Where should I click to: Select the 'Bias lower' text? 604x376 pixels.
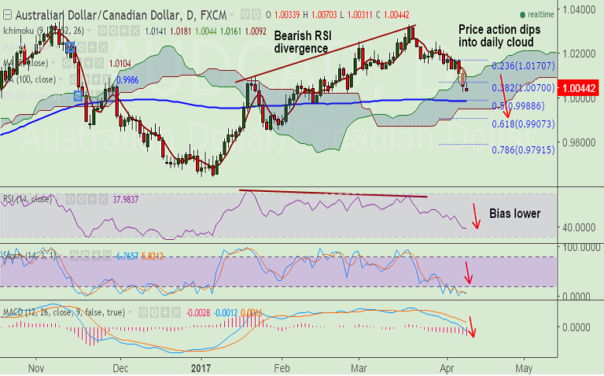515,213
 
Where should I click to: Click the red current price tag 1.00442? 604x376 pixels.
578,89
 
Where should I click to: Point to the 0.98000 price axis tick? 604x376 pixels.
578,142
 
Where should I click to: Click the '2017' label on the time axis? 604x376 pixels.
203,367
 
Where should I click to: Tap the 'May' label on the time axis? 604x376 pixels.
525,367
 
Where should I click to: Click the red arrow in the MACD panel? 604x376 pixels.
473,326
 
